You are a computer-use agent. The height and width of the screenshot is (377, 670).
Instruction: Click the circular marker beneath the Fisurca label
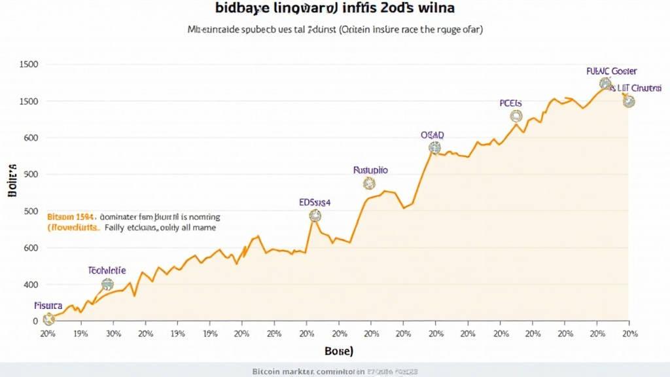point(48,319)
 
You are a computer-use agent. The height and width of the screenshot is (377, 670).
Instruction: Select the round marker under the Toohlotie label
point(107,284)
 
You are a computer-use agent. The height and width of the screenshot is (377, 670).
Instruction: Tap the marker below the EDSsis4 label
point(315,215)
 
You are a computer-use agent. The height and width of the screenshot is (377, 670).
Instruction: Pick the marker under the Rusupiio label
point(369,183)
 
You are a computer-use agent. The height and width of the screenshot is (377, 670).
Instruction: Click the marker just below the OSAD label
point(434,148)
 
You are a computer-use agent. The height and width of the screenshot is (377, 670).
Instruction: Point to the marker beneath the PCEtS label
point(516,116)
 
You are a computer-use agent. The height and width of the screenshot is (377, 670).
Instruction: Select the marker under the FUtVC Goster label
point(605,83)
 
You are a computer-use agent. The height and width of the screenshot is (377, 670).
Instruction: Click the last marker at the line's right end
point(629,101)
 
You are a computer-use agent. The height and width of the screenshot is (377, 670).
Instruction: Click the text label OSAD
point(432,134)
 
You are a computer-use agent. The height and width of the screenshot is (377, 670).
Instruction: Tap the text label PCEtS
point(511,103)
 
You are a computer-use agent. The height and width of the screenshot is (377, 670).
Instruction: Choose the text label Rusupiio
point(370,170)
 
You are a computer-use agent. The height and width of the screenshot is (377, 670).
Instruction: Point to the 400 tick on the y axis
point(31,285)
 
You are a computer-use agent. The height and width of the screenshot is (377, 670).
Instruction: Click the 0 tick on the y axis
point(35,321)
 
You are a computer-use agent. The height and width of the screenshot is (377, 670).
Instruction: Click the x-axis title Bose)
point(339,351)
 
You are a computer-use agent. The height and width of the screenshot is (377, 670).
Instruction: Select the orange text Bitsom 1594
point(71,216)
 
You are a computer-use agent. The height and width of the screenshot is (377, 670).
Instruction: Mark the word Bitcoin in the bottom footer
point(268,371)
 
